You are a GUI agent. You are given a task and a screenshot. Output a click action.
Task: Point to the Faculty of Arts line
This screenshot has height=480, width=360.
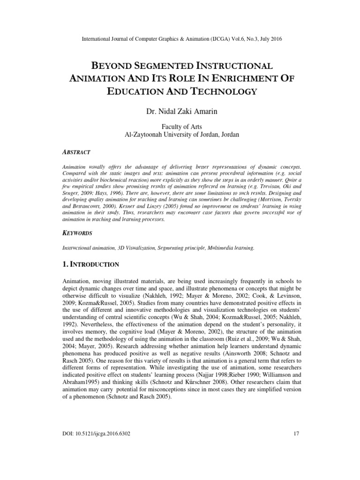(180, 127)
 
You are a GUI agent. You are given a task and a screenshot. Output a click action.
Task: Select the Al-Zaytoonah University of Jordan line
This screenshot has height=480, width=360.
(180, 135)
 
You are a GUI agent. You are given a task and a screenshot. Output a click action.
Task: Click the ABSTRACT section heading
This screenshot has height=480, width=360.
(76, 152)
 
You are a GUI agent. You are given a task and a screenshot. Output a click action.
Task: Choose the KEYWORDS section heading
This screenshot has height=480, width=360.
(77, 233)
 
